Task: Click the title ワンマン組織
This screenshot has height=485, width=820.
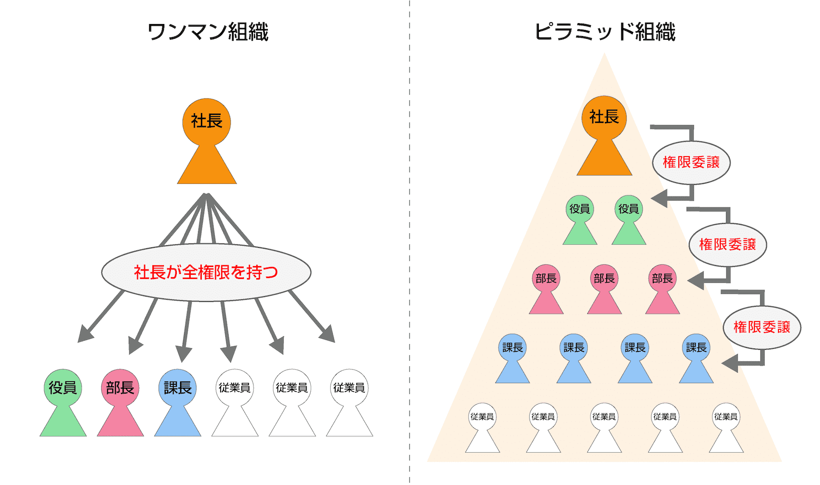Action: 208,32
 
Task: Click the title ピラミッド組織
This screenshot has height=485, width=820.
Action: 604,32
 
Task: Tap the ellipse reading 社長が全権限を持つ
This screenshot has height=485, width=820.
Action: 206,273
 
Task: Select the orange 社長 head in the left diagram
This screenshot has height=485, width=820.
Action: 206,121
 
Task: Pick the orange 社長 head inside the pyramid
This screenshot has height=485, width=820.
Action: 604,117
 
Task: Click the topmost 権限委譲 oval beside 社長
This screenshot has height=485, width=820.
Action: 691,163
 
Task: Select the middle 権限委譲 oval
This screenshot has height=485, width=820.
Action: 727,245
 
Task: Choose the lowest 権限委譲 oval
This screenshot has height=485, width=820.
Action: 761,327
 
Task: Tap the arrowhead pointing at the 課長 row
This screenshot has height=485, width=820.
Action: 730,363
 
